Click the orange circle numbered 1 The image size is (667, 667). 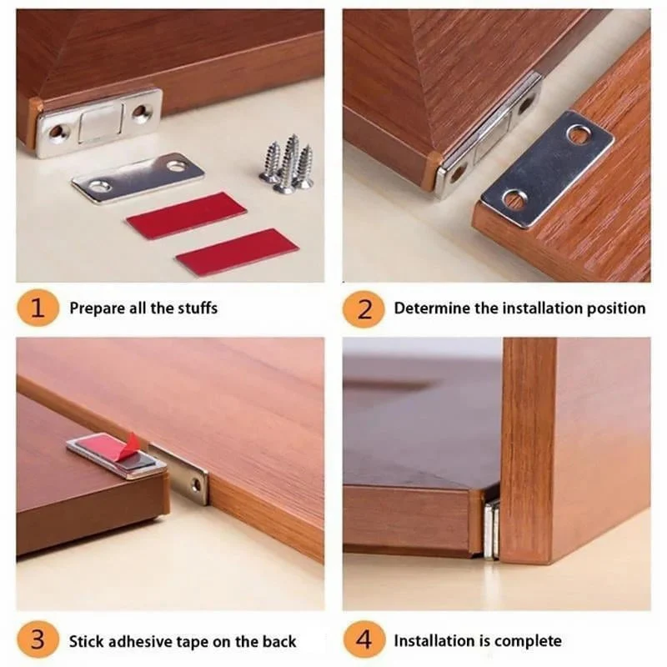pyautogui.click(x=37, y=308)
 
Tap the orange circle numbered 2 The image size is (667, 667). pyautogui.click(x=363, y=308)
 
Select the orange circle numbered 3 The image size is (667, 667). pyautogui.click(x=37, y=641)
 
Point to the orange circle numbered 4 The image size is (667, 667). pyautogui.click(x=363, y=641)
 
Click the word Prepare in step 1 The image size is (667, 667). pyautogui.click(x=95, y=308)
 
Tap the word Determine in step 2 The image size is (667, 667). pyautogui.click(x=432, y=308)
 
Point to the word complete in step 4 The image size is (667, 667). pyautogui.click(x=528, y=641)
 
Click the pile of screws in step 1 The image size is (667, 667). pyautogui.click(x=287, y=164)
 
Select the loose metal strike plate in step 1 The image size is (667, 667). pyautogui.click(x=138, y=176)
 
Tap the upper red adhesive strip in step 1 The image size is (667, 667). pyautogui.click(x=186, y=215)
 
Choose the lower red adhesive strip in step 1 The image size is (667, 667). pyautogui.click(x=237, y=252)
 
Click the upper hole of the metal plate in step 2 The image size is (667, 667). pyautogui.click(x=578, y=133)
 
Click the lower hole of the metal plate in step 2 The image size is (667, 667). pyautogui.click(x=515, y=200)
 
